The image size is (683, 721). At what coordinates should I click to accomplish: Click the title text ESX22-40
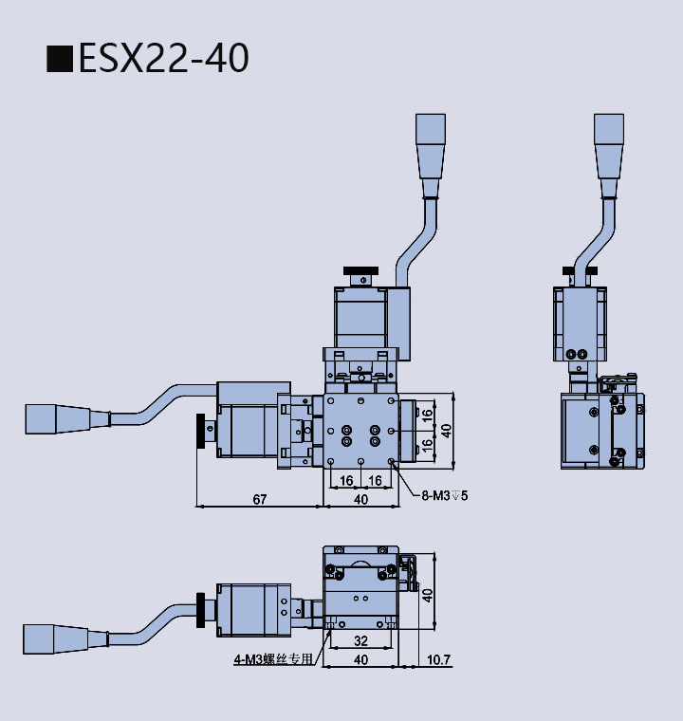point(163,58)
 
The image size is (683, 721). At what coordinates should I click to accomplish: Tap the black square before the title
point(60,59)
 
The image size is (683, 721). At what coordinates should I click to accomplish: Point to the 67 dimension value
point(259,498)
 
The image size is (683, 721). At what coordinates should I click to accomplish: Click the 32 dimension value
point(360,640)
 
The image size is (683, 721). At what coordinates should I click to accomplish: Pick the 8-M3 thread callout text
point(445,494)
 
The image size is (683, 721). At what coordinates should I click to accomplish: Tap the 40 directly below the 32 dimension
point(360,659)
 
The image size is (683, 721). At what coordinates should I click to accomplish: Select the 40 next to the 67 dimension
point(360,498)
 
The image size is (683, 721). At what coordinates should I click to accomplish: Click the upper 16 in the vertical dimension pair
point(427,414)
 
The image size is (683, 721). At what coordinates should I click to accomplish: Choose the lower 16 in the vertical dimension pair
point(427,443)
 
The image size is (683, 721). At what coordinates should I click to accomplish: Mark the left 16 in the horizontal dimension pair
point(346,481)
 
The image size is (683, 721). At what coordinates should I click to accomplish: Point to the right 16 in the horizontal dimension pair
point(376,481)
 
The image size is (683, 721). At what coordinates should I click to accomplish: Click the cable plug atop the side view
point(609,144)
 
